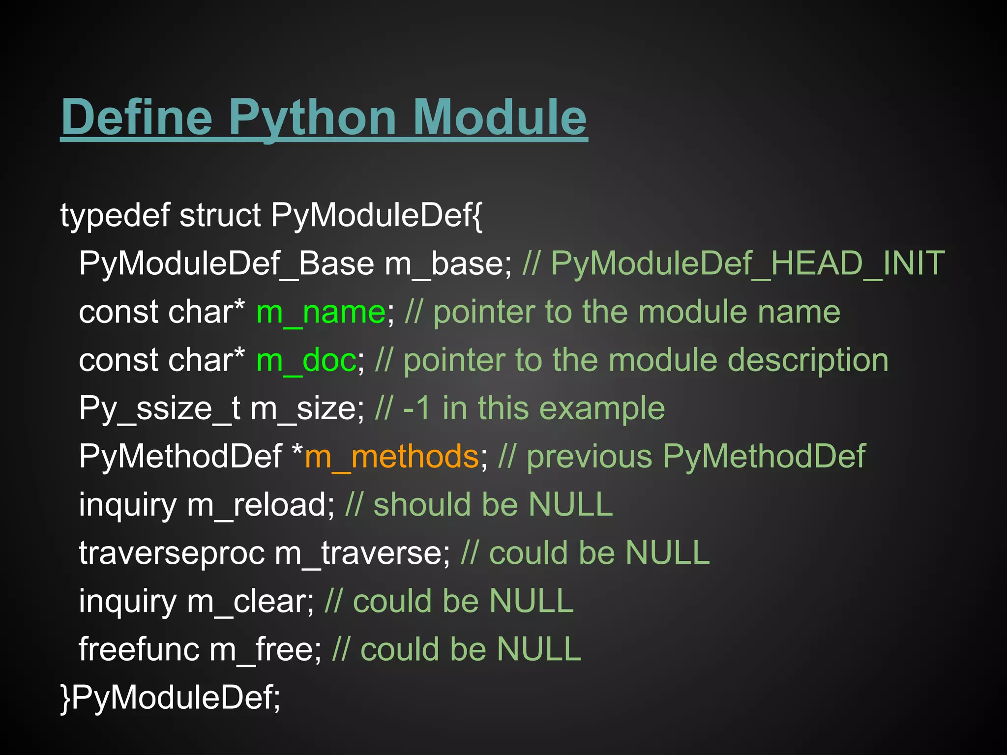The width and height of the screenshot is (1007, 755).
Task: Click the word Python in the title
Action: pos(312,118)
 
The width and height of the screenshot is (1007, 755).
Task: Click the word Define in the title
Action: pos(137,118)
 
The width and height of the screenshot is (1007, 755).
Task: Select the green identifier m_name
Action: pos(321,312)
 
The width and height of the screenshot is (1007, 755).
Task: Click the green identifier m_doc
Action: pos(306,360)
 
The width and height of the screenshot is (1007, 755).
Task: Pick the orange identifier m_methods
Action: pos(391,457)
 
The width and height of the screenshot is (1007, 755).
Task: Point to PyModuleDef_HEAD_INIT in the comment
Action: pos(747,263)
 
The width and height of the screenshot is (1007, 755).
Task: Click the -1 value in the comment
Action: pos(416,408)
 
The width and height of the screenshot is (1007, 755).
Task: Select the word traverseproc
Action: pos(172,553)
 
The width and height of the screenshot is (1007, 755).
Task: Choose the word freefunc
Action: pos(139,649)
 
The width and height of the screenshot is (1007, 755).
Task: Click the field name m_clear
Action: pos(250,601)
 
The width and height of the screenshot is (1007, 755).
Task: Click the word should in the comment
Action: pos(422,505)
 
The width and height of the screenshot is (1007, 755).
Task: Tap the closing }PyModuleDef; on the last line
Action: pos(170,697)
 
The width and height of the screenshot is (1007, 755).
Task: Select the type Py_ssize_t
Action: pos(160,408)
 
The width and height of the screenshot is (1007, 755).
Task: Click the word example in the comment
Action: pos(602,408)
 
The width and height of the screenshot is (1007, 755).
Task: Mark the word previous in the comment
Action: pos(589,457)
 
